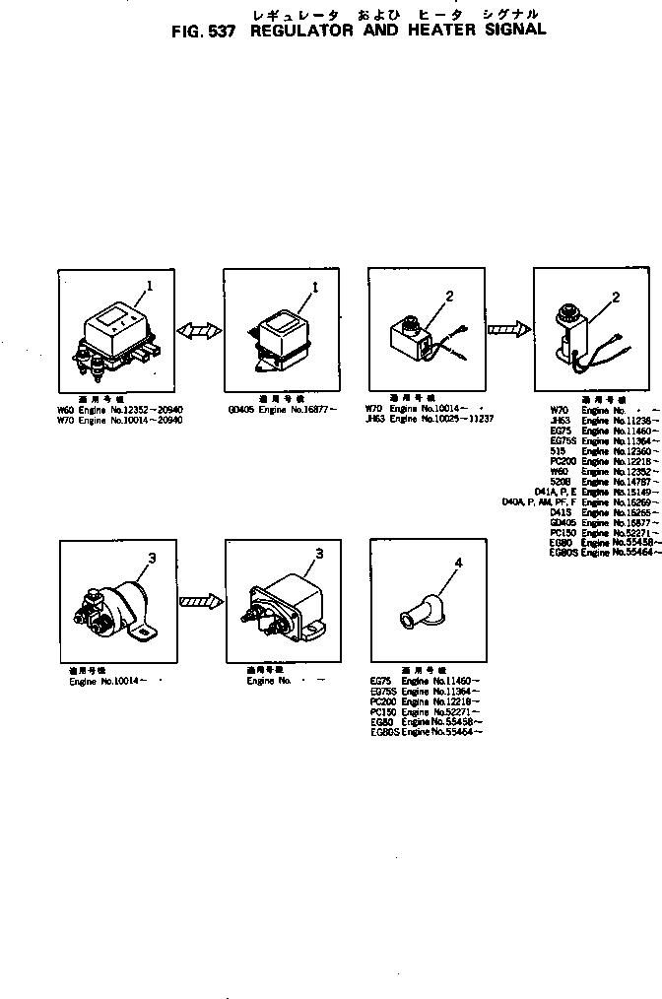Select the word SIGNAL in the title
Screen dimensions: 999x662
pyautogui.click(x=508, y=31)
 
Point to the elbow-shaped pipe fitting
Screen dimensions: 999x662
pyautogui.click(x=421, y=611)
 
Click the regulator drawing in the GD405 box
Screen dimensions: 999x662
pyautogui.click(x=283, y=335)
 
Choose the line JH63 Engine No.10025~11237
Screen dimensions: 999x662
pyautogui.click(x=430, y=419)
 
